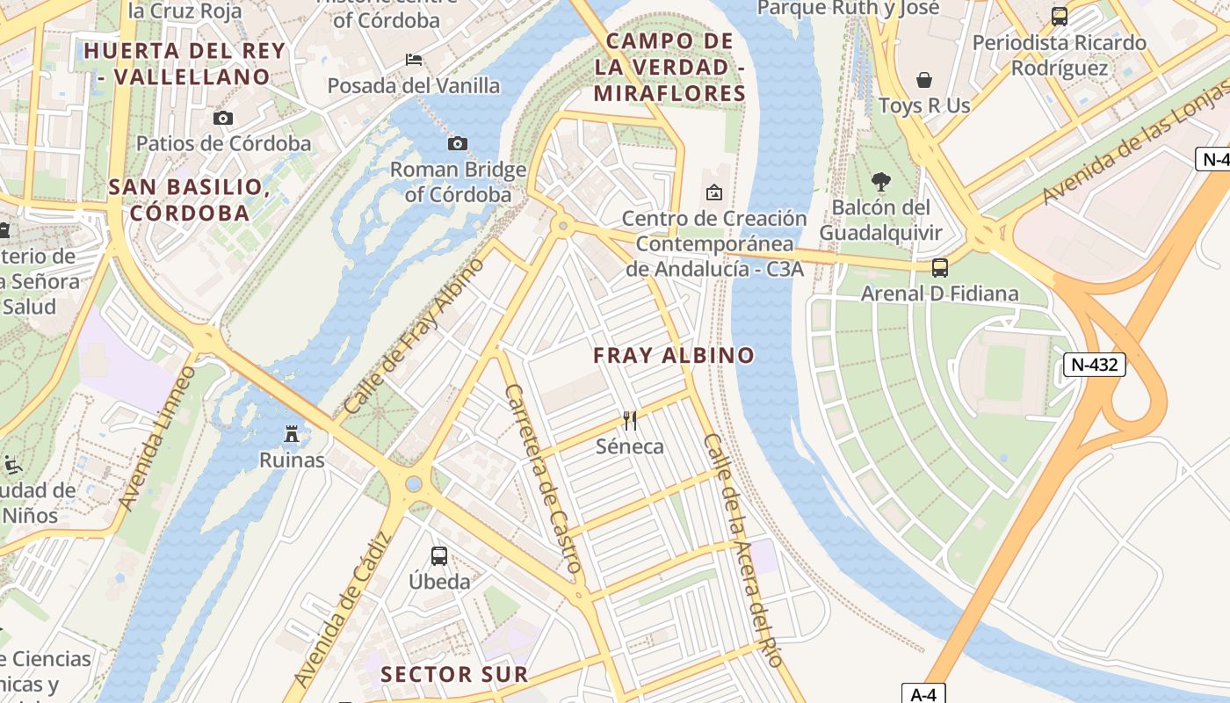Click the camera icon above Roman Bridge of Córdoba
coord(457,143)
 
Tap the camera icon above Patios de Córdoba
coord(223,118)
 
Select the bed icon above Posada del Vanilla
coord(414,60)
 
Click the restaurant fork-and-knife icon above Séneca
coord(629,420)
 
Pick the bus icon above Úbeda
coord(439,555)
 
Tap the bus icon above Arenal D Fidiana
coord(940,267)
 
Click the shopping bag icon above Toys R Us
coord(924,81)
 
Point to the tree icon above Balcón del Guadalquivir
coord(880,182)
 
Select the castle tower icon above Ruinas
coord(292,433)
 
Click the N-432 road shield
coord(1095,365)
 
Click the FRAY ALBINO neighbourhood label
coord(674,355)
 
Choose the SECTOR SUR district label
coord(455,674)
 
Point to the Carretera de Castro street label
coord(541,480)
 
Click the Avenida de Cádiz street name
coord(342,611)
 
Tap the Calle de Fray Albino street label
coord(414,336)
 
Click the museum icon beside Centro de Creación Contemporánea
coord(713,192)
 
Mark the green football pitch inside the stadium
coord(1005,373)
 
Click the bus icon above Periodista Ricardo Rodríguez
coord(1060,16)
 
